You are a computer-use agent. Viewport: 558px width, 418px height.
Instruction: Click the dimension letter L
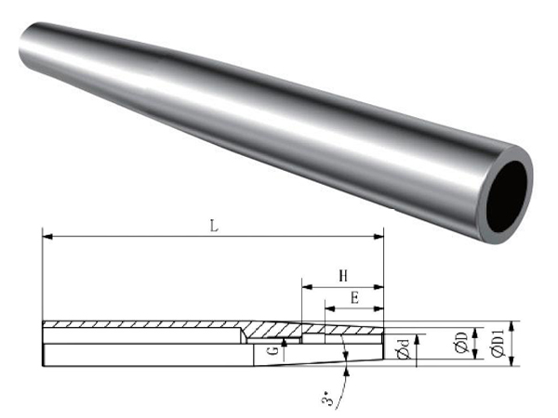214,226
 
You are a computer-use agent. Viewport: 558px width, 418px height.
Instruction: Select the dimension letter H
343,276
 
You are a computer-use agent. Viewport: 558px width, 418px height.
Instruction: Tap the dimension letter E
354,298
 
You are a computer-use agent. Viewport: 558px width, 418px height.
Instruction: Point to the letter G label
272,351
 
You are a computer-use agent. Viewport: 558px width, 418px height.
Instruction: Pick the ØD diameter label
461,343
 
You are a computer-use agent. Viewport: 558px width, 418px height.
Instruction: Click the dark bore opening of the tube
507,197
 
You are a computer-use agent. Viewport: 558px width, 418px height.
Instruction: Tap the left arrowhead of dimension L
47,236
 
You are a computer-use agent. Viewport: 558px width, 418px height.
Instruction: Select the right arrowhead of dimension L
379,236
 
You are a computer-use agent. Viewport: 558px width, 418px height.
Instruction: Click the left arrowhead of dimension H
307,286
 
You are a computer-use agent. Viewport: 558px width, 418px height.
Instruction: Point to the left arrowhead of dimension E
330,309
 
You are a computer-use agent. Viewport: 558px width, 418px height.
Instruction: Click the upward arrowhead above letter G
284,342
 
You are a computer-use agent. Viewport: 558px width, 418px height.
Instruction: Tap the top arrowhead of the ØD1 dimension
511,326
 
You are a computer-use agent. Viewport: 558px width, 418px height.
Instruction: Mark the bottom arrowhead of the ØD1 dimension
511,361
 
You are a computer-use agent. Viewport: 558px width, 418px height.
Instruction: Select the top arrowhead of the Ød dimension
418,339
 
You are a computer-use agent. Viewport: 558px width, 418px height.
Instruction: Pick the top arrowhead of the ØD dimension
475,333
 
